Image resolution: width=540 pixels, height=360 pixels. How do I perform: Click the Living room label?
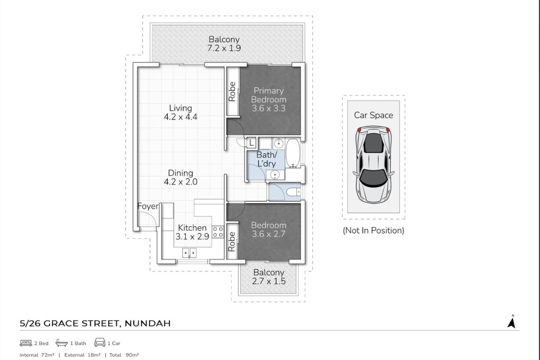coord(180,112)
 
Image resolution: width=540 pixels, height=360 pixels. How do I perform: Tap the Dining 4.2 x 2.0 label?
coord(180,178)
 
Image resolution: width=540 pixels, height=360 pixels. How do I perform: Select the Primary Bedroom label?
coord(269,99)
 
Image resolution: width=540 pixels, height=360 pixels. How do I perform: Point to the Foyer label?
coord(148,207)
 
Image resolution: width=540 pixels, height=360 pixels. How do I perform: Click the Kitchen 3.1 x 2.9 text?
coord(192,232)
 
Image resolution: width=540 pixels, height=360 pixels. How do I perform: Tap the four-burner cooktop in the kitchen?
coord(218,232)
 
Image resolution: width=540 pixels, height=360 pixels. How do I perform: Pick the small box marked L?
coord(252,143)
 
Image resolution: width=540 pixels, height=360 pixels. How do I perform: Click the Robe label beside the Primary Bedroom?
coord(232,91)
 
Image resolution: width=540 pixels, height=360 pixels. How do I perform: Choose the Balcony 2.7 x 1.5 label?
coord(269,277)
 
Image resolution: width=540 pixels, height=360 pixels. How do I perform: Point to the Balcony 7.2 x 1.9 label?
coord(224,44)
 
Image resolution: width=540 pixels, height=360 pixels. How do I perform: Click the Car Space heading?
coord(373,115)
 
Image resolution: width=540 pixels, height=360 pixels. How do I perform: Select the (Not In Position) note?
coord(373,230)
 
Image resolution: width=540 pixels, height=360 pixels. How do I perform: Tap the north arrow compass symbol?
coord(511,322)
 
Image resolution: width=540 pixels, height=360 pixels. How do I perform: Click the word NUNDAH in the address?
coord(147,323)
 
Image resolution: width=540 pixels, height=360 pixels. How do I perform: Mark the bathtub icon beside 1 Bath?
coord(62,343)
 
